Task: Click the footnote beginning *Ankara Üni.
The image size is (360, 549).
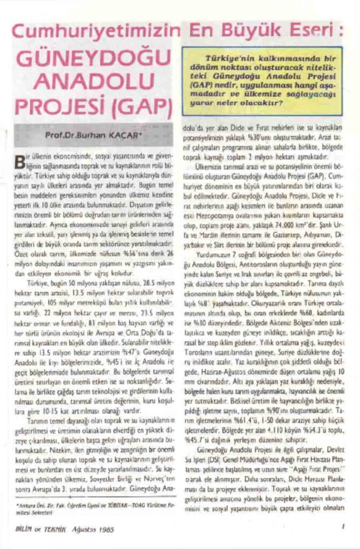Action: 91,505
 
